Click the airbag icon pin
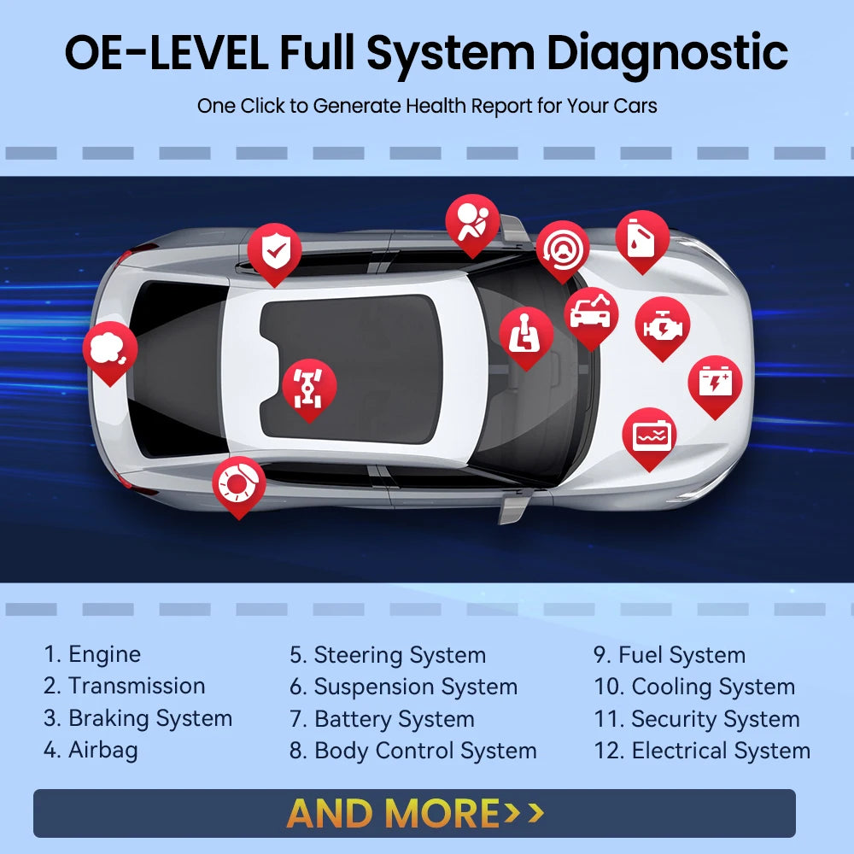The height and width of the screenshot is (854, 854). (472, 222)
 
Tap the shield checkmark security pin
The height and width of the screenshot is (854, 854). (274, 250)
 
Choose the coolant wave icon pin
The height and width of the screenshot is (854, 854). (649, 436)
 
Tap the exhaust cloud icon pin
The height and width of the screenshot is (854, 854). (109, 348)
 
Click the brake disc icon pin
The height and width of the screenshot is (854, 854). (238, 484)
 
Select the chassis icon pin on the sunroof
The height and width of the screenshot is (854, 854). (309, 386)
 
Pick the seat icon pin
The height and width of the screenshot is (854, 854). (525, 334)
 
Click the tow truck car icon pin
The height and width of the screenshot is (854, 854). (591, 314)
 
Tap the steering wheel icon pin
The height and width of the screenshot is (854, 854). (563, 248)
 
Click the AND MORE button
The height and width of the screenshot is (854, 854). (414, 813)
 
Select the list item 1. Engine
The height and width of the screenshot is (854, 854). (92, 655)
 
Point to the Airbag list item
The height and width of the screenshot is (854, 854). (91, 751)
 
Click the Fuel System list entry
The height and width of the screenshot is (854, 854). (670, 655)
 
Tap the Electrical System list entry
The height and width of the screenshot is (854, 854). (702, 752)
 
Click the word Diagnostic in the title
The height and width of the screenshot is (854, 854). (667, 53)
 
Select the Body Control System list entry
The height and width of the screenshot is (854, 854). (413, 752)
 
